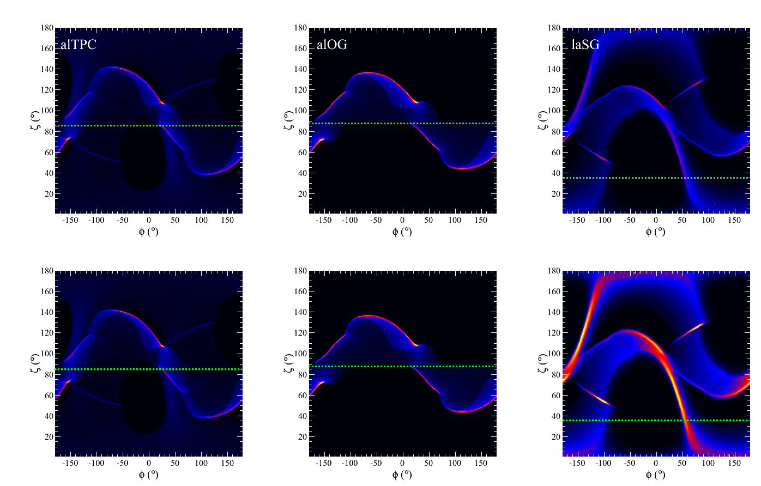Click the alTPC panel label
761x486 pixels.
pos(78,45)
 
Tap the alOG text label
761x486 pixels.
pos(331,45)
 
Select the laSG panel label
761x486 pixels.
pos(585,45)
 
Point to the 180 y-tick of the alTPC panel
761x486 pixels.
pos(47,28)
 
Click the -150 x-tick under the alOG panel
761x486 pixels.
pos(324,220)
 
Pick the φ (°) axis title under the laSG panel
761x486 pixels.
pos(656,232)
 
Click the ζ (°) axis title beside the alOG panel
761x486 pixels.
pos(287,120)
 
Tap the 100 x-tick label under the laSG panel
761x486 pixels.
pos(708,220)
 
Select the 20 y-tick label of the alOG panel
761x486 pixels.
pos(303,194)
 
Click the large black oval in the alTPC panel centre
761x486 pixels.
pos(143,154)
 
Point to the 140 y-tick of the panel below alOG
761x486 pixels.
pos(301,312)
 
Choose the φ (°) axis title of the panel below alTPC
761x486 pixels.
pos(149,475)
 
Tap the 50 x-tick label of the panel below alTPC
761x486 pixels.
pos(175,463)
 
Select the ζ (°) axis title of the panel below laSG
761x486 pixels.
pos(541,363)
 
